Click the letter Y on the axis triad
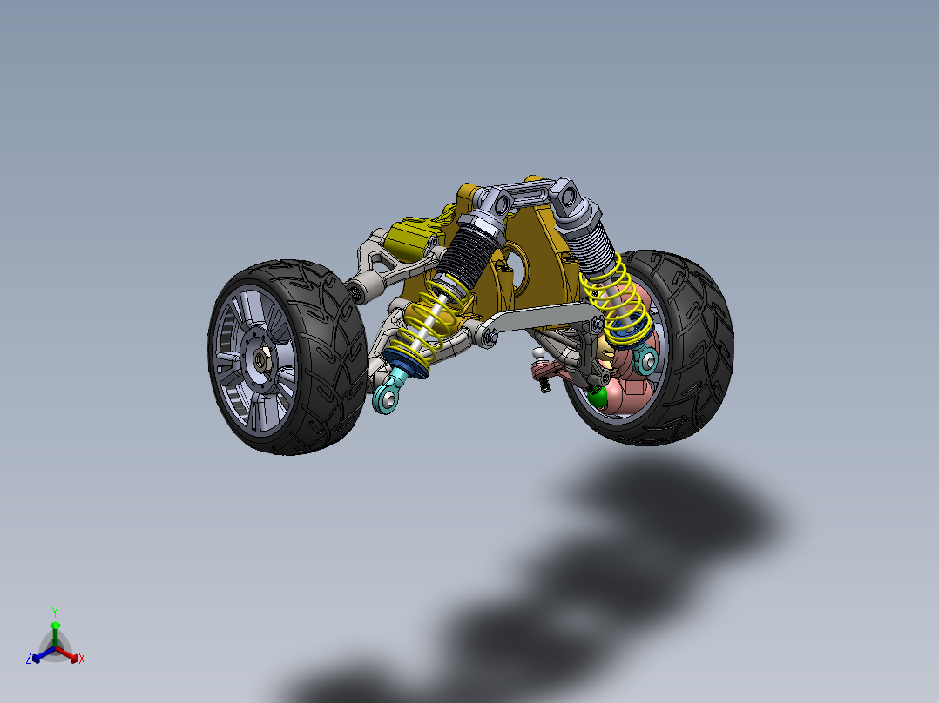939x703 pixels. [x=54, y=611]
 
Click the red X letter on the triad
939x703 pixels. [x=82, y=659]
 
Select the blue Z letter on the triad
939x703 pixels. [x=28, y=659]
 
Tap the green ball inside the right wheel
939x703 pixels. [x=598, y=396]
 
